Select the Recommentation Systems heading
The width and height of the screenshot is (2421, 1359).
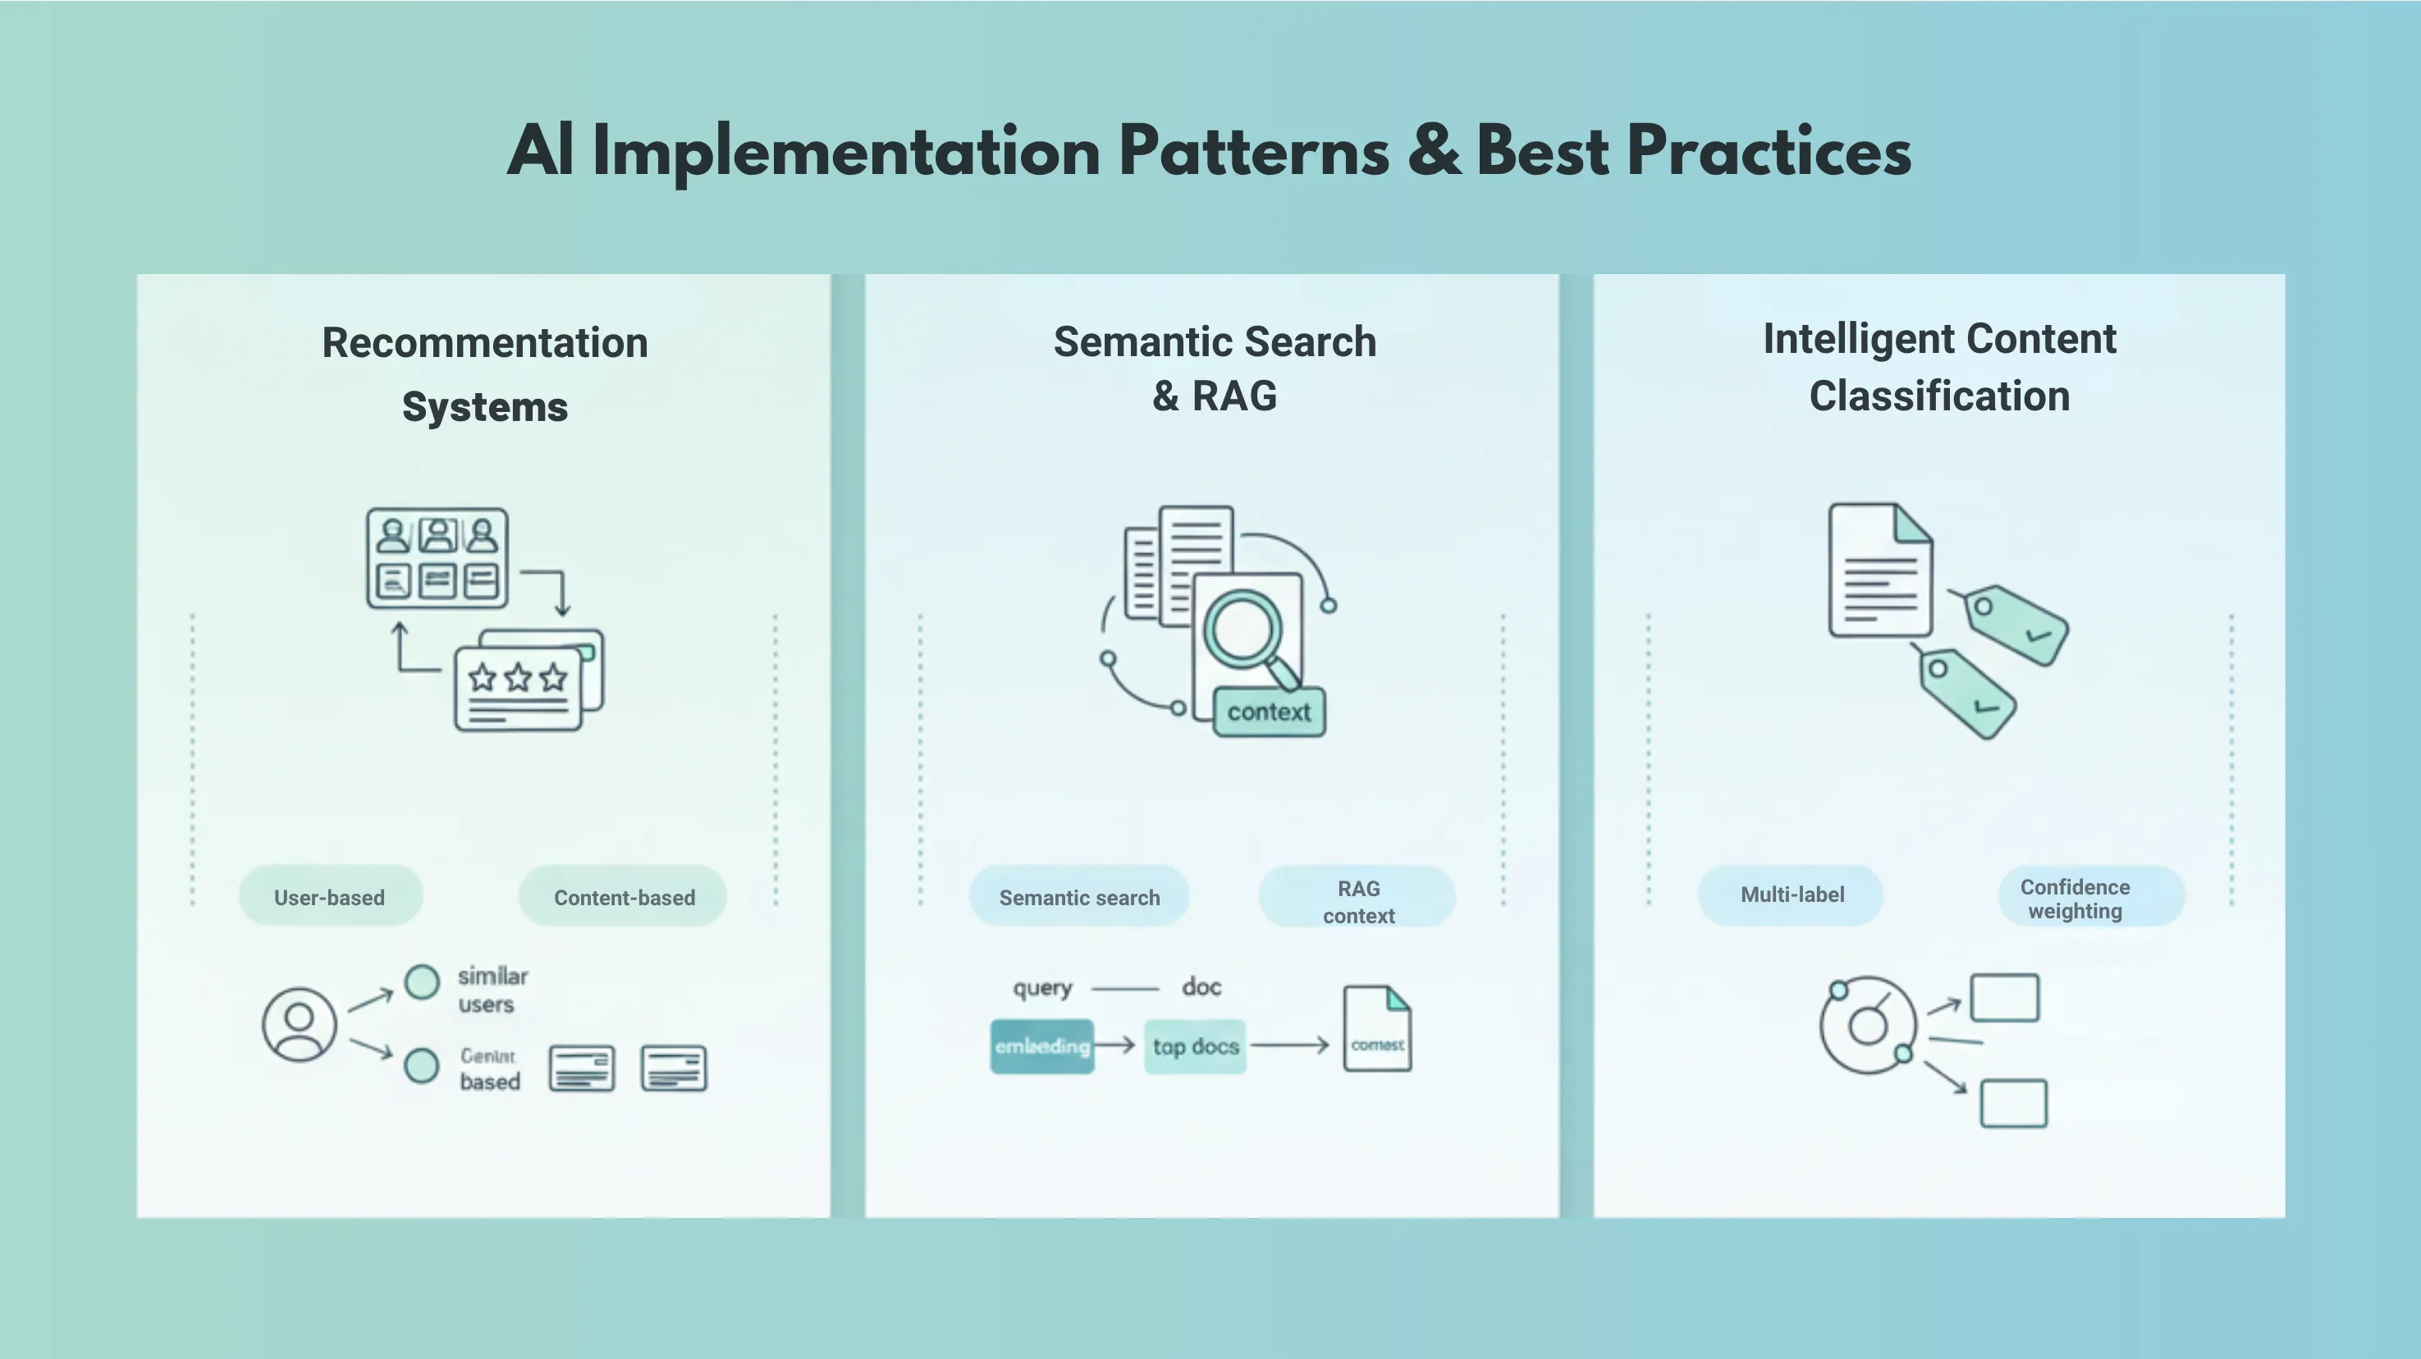coord(485,374)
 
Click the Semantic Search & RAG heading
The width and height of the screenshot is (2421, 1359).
coord(1215,368)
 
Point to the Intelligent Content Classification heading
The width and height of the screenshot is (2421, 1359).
coord(1939,368)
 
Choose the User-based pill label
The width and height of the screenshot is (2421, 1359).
coord(330,897)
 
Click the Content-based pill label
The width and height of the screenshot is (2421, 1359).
coord(623,897)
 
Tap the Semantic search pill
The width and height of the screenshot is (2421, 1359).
coord(1079,897)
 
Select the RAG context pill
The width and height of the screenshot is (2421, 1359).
coord(1358,900)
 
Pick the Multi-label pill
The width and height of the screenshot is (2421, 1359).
coord(1792,894)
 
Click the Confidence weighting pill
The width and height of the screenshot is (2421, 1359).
coord(2074,899)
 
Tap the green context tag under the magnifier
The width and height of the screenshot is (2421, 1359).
coord(1269,712)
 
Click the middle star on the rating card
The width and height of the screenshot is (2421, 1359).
coord(518,678)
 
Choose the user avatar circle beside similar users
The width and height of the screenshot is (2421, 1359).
coord(299,1023)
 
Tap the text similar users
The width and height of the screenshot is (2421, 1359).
coord(492,990)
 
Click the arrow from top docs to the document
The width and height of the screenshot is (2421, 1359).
coord(1289,1045)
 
